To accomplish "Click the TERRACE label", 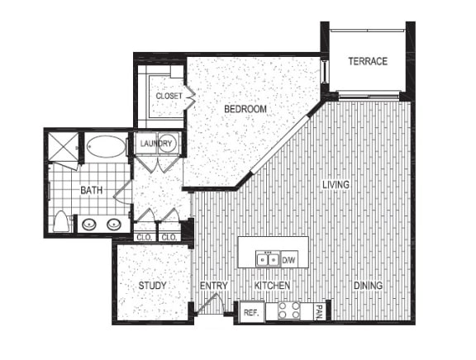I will click(x=367, y=61).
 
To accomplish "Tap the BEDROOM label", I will click(x=245, y=109).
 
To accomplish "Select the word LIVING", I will click(x=336, y=184).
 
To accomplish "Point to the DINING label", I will click(x=368, y=286).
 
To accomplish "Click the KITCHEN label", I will click(x=270, y=286).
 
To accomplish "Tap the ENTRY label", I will click(x=213, y=286).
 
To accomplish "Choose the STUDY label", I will click(x=152, y=286).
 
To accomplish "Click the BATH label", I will click(x=91, y=191).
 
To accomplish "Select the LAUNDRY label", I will click(x=155, y=144).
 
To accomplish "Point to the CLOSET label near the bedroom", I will click(x=169, y=96).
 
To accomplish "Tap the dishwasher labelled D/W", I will click(x=288, y=260).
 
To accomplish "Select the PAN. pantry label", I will click(x=319, y=311).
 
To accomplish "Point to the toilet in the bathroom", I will click(x=61, y=221).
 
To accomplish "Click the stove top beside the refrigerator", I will click(x=289, y=311).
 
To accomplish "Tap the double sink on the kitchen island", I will click(x=266, y=259).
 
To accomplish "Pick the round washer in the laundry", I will click(x=168, y=144).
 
